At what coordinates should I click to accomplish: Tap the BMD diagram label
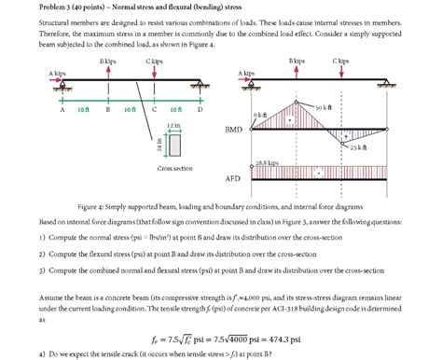click(x=235, y=130)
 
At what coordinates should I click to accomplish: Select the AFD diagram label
click(x=234, y=177)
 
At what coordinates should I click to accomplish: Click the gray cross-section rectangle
click(x=174, y=145)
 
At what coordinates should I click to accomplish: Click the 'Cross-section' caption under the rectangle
click(x=174, y=169)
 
